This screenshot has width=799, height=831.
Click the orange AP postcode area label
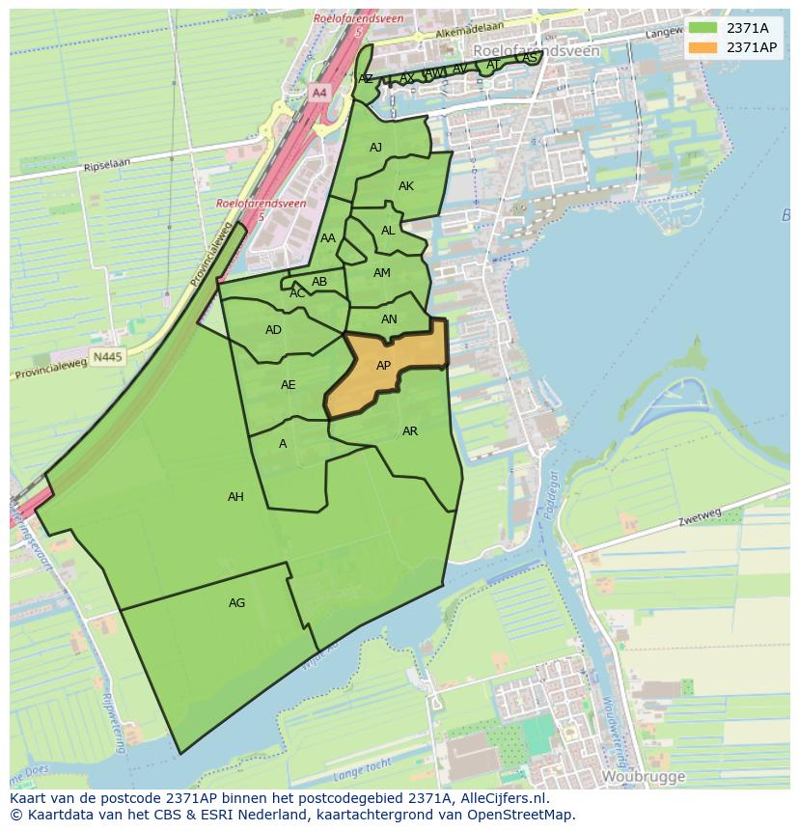383,366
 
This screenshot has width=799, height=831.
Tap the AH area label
235,497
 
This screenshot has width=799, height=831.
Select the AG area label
236,603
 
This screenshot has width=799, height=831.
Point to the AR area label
410,431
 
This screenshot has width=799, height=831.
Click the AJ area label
376,148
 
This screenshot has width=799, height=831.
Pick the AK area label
406,186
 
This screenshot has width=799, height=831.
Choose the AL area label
388,231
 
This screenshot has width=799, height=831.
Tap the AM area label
382,273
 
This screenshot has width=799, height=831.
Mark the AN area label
389,319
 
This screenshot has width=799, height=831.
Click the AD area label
273,330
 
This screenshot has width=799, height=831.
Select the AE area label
288,385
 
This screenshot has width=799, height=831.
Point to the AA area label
328,238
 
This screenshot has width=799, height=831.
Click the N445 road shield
108,357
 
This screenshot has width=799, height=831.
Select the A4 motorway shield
319,93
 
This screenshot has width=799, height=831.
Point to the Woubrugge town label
643,776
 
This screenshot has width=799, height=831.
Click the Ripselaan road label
106,166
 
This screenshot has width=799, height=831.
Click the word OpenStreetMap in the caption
528,815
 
